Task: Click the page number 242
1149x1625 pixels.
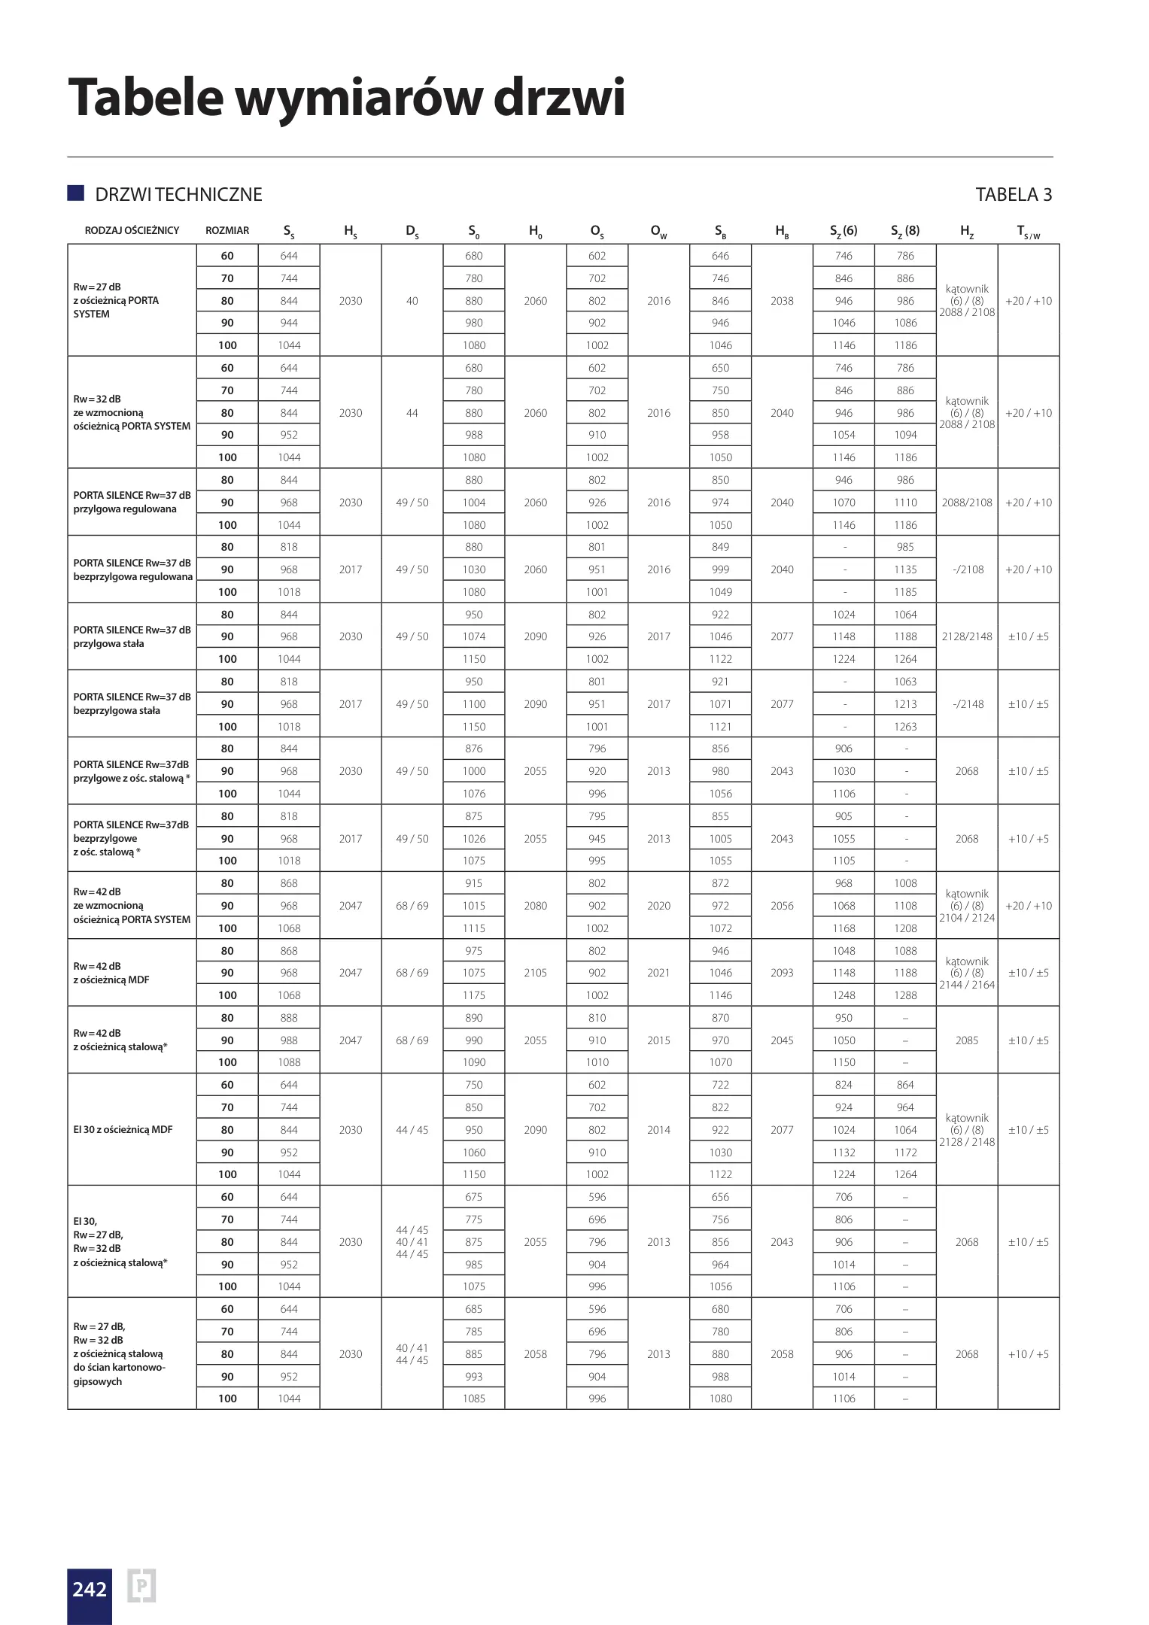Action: pyautogui.click(x=90, y=1589)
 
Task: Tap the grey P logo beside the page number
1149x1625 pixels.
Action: pyautogui.click(x=141, y=1586)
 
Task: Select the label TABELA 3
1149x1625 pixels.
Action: pyautogui.click(x=1013, y=195)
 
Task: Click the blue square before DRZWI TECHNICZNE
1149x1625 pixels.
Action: pyautogui.click(x=75, y=193)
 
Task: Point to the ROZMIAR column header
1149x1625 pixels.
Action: pyautogui.click(x=227, y=231)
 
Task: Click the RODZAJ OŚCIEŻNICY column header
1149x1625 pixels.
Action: pyautogui.click(x=132, y=231)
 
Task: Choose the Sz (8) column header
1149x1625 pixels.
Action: pyautogui.click(x=905, y=231)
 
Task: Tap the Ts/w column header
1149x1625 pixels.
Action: pyautogui.click(x=1028, y=232)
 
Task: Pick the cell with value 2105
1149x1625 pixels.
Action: pyautogui.click(x=535, y=973)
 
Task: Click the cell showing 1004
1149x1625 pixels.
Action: pyautogui.click(x=473, y=503)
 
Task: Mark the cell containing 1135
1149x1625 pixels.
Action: pyautogui.click(x=905, y=570)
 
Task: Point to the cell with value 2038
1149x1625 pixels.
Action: pyautogui.click(x=782, y=301)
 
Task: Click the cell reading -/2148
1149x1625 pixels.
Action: pyautogui.click(x=967, y=704)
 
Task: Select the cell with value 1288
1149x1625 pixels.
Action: pyautogui.click(x=905, y=995)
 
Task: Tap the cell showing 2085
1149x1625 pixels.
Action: pyautogui.click(x=967, y=1040)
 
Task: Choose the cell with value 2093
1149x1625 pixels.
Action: pyautogui.click(x=782, y=973)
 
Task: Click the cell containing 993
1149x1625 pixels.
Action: pyautogui.click(x=473, y=1377)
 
